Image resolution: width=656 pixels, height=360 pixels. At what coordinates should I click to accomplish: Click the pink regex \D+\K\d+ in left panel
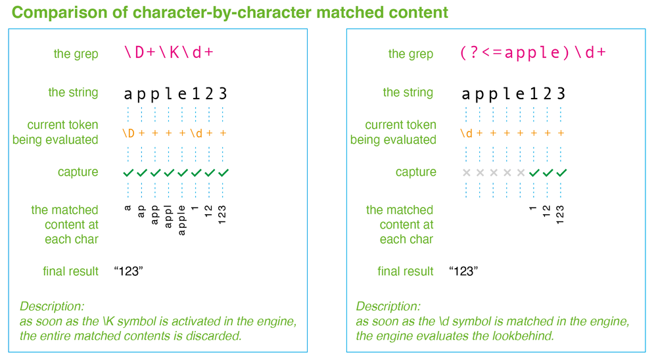point(169,53)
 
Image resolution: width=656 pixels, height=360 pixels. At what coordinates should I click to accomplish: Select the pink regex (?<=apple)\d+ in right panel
point(532,53)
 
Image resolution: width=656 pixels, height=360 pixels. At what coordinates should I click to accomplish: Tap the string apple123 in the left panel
point(176,93)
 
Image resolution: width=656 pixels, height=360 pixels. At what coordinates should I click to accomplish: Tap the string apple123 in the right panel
point(513,93)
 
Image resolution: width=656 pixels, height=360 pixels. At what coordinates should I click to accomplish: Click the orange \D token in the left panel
point(128,133)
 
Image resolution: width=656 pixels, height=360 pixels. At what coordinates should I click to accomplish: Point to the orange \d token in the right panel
point(466,133)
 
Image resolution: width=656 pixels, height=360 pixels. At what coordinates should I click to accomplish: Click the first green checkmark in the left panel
point(128,173)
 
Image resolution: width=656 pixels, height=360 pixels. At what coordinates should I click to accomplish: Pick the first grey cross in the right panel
point(466,173)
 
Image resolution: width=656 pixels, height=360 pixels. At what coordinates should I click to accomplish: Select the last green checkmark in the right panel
point(561,173)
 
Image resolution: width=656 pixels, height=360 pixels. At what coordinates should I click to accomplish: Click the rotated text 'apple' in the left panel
point(182,215)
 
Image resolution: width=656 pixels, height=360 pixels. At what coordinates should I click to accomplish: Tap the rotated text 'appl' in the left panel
point(168,214)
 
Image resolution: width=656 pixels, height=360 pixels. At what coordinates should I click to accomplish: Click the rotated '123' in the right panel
point(561,213)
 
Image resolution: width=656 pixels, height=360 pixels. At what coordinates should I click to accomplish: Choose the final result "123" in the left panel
point(128,271)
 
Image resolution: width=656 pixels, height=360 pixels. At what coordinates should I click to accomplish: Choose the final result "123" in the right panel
point(463,271)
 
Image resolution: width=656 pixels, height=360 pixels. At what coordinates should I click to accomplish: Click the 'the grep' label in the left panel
point(76,54)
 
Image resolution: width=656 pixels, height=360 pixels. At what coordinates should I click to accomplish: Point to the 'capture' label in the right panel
point(415,172)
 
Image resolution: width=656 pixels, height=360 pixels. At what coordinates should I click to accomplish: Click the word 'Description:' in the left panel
point(52,306)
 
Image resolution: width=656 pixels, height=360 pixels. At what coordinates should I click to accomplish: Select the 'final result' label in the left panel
point(70,271)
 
